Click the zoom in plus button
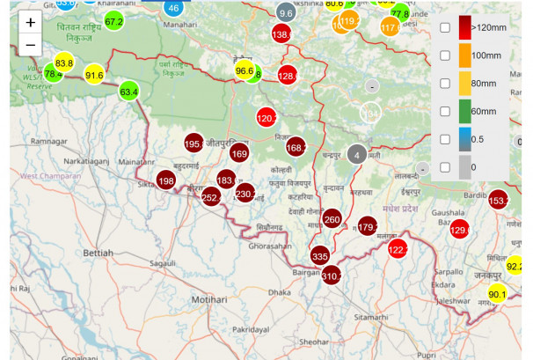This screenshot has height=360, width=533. click(31, 23)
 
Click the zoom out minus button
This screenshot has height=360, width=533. click(31, 44)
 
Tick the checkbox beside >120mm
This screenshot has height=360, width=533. click(445, 28)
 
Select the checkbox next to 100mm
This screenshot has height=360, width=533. click(445, 55)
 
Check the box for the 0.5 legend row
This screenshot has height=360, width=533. click(445, 139)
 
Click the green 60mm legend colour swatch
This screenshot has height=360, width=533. click(464, 111)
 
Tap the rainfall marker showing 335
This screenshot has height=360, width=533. click(320, 256)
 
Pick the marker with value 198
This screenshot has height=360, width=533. click(166, 181)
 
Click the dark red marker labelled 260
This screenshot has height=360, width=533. click(332, 219)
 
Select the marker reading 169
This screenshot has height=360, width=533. click(238, 154)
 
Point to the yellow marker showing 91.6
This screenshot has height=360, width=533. click(94, 75)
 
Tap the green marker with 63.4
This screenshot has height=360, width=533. click(128, 91)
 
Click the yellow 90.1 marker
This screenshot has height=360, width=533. click(498, 294)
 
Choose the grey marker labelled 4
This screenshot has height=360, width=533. click(355, 154)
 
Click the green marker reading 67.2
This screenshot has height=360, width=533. click(113, 20)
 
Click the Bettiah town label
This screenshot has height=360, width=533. click(98, 253)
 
